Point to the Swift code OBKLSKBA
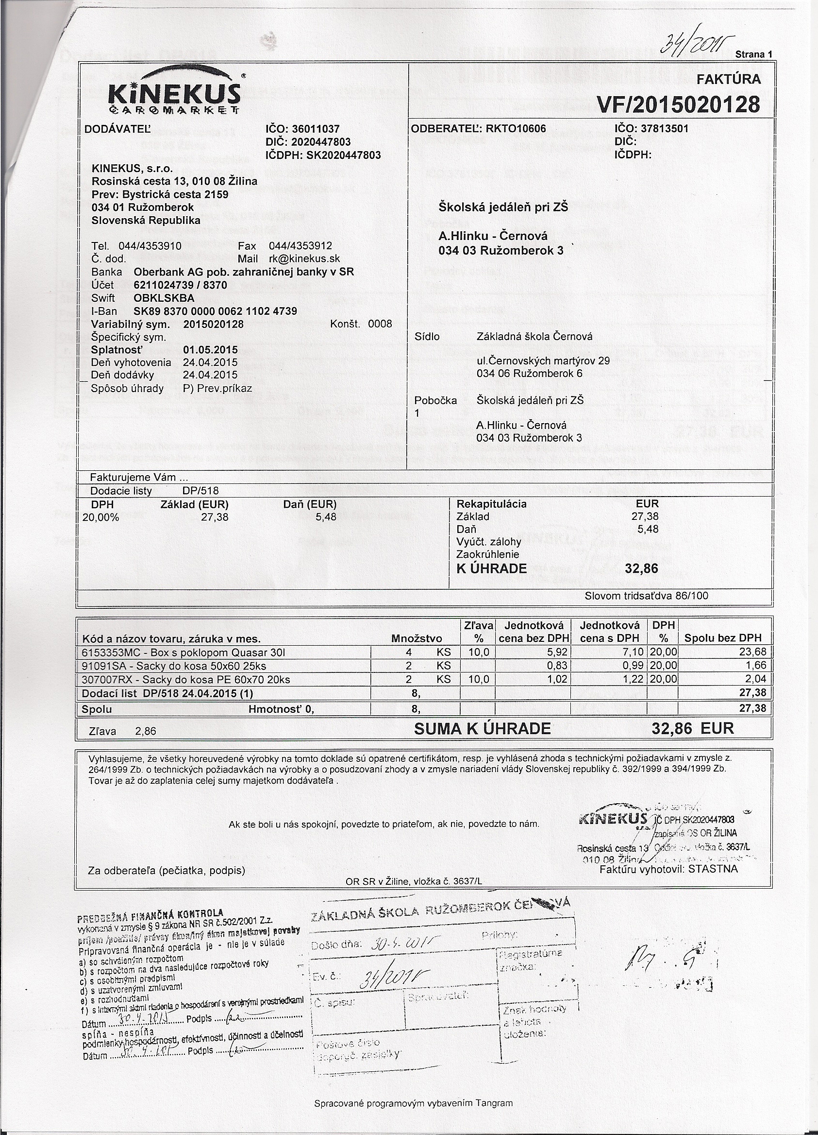coord(164,298)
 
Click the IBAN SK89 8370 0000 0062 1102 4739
coord(215,311)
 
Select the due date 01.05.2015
coord(210,350)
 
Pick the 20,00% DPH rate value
coord(100,517)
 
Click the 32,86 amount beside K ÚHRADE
coord(641,568)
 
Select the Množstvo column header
coord(417,638)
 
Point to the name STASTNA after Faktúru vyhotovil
coord(713,869)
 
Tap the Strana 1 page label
coord(754,54)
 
